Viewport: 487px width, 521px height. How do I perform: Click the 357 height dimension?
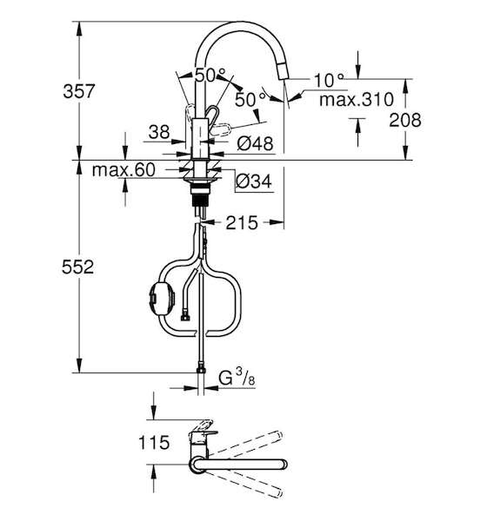[79, 91]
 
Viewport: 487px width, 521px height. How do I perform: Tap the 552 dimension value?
[78, 267]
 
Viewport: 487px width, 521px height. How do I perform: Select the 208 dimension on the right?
[405, 120]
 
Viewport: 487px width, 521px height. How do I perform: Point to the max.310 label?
[357, 99]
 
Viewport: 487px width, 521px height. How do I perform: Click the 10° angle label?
[329, 81]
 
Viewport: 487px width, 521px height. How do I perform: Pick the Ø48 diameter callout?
[255, 143]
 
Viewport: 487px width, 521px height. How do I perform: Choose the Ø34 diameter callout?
[254, 181]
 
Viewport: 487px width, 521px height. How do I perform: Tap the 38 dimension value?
[159, 132]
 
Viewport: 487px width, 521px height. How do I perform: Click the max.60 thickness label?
[123, 170]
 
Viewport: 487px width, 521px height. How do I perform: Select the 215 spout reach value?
[242, 222]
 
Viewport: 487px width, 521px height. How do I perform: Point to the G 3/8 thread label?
[237, 377]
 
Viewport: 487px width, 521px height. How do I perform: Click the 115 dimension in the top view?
[154, 443]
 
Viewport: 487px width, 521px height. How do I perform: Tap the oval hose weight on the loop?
[162, 297]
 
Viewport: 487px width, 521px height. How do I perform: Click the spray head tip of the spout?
[283, 71]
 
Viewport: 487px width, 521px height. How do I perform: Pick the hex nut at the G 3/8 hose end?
[201, 369]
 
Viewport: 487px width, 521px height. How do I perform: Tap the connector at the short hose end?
[185, 318]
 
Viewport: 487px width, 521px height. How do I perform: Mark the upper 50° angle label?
[210, 75]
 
